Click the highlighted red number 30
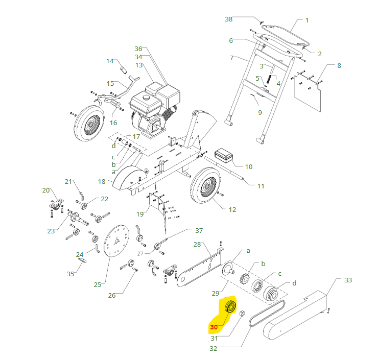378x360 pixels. coord(214,327)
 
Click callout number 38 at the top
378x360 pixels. coord(229,19)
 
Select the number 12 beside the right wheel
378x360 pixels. coord(232,209)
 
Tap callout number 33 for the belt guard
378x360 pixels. coord(348,280)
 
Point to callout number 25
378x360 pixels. coord(97,285)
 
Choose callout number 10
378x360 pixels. coord(249,166)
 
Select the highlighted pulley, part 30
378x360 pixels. coord(230,308)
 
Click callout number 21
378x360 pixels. coord(69,181)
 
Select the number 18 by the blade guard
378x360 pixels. coord(101,181)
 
